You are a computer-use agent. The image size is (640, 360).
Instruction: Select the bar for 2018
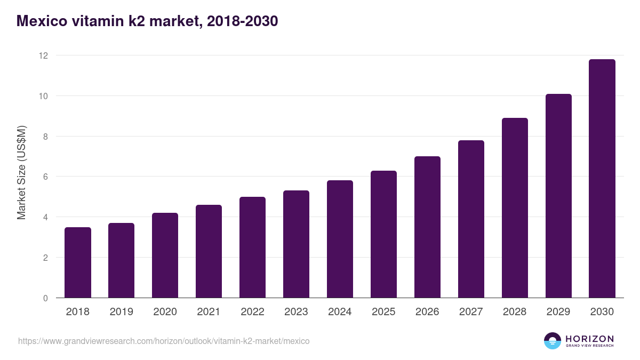pos(78,262)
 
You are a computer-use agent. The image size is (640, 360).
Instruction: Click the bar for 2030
pos(602,179)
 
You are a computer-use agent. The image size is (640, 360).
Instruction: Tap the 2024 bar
pos(340,239)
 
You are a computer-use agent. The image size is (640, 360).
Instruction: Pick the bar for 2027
pos(471,219)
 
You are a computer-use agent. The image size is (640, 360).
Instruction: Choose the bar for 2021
pos(209,251)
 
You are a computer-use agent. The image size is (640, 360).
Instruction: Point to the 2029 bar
pos(558,196)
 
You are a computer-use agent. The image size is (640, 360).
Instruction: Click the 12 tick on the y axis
pos(43,55)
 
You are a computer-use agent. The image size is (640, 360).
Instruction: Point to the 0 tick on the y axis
pos(45,298)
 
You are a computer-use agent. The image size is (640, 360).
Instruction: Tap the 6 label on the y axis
pos(45,177)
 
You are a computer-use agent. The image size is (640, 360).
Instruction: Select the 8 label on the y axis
pos(45,137)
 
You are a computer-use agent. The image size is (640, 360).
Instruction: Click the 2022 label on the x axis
pos(252,311)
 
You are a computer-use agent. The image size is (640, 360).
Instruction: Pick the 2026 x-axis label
pos(427,311)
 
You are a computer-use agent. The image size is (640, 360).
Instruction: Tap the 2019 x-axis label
pos(121,311)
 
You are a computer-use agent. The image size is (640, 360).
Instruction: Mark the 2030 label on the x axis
pos(602,311)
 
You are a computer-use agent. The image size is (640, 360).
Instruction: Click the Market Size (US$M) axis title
pos(21,173)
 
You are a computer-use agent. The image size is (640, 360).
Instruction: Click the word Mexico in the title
pos(42,21)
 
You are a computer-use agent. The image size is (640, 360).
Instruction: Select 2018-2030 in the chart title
pos(242,21)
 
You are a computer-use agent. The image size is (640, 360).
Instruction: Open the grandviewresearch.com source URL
pos(164,341)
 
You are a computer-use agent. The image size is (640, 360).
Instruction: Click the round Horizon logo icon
pos(553,341)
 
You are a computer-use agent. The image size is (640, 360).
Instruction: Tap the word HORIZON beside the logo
pos(590,339)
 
